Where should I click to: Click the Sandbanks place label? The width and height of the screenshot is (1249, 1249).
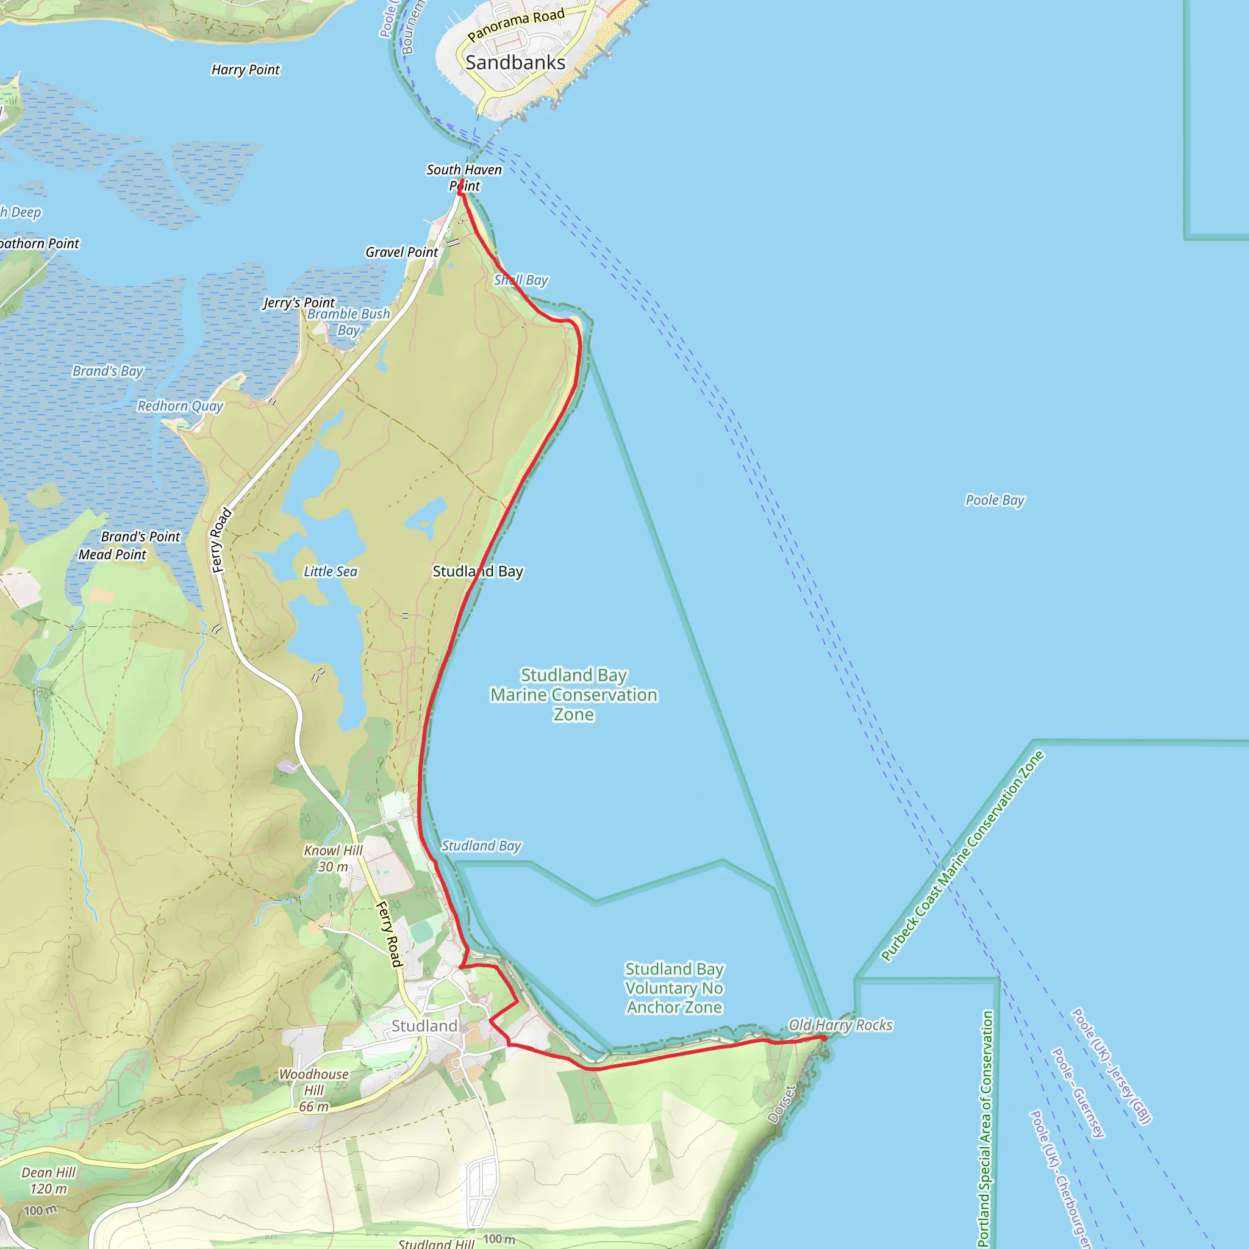[x=515, y=63]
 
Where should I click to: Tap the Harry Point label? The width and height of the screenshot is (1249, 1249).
[x=246, y=70]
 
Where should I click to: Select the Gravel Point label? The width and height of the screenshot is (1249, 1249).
[x=401, y=252]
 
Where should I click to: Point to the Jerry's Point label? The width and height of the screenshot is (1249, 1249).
[x=299, y=302]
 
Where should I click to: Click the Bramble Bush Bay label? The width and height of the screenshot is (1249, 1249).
[x=348, y=322]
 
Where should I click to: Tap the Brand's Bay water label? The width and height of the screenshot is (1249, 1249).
[x=107, y=371]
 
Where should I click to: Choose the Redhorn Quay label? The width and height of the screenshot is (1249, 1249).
[x=180, y=406]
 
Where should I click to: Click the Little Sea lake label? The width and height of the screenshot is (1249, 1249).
[x=331, y=571]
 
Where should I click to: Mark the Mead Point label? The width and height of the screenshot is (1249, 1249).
[x=112, y=555]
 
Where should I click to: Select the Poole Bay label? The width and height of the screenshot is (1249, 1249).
[x=995, y=499]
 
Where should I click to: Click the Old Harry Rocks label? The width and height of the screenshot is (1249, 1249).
[x=840, y=1025]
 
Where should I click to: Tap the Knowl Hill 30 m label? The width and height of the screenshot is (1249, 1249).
[x=334, y=859]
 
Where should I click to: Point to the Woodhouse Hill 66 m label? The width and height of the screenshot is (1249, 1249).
[x=314, y=1090]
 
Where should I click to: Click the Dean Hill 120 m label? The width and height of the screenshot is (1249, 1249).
[x=49, y=1181]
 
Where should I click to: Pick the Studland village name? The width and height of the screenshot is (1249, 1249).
[x=424, y=1026]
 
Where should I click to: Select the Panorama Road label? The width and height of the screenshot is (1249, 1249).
[x=516, y=24]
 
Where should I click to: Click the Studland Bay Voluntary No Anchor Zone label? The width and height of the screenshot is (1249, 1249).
[x=675, y=988]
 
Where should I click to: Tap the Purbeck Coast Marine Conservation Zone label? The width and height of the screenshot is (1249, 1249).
[x=962, y=855]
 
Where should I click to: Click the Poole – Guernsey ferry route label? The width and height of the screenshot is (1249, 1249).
[x=1078, y=1092]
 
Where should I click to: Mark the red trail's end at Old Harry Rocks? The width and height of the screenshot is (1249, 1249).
[x=825, y=1037]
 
